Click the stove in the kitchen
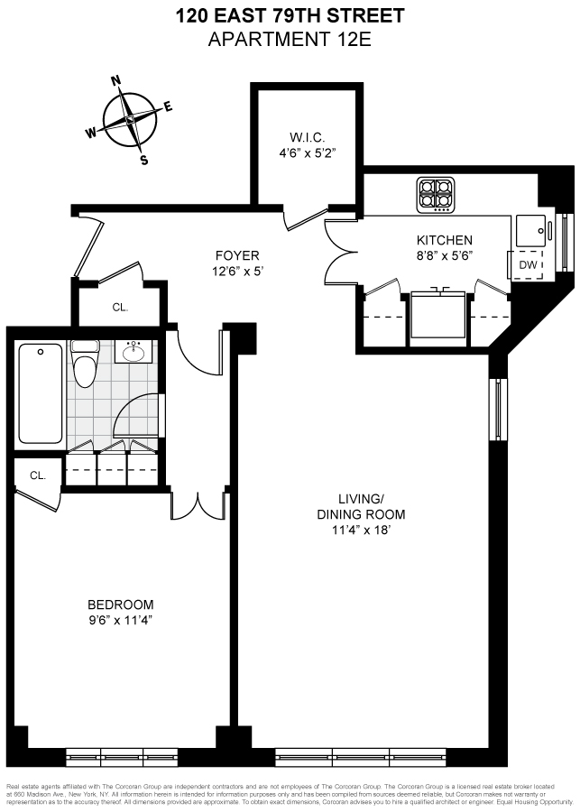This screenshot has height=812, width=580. click(437, 196)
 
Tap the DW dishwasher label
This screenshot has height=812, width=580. click(525, 265)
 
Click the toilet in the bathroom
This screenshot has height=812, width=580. click(86, 366)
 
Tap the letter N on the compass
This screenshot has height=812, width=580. click(115, 80)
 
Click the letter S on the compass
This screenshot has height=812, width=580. click(143, 161)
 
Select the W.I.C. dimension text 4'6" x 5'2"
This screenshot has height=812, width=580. click(307, 153)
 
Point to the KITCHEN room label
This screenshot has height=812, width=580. click(444, 240)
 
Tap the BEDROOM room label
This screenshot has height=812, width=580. click(120, 604)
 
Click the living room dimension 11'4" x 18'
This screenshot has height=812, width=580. click(372, 531)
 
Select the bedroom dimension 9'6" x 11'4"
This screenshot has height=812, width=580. click(120, 620)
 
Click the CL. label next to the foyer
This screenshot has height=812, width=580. click(120, 307)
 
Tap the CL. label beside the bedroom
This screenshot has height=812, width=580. click(37, 475)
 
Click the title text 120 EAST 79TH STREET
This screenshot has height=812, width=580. click(290, 15)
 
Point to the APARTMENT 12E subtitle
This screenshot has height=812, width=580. click(290, 39)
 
